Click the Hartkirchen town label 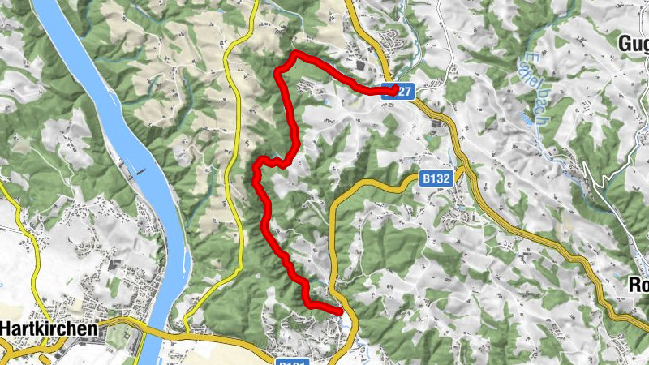point(50,329)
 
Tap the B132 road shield point(436,176)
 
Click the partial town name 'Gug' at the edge point(633,42)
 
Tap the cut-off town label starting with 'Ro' point(638,285)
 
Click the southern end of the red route point(340,310)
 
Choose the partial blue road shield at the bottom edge point(292,361)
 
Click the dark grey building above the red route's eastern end point(360,66)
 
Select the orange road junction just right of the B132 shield point(460,173)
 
